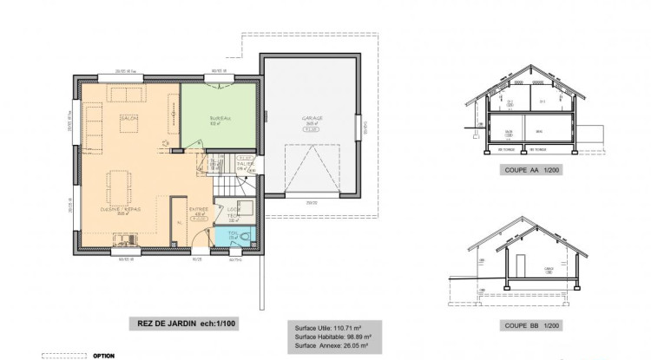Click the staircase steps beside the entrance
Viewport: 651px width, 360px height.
(x=227, y=185)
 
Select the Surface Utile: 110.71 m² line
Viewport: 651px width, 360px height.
(x=329, y=329)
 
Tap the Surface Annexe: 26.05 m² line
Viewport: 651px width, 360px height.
(x=332, y=344)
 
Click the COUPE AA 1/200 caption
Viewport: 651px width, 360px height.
(x=532, y=171)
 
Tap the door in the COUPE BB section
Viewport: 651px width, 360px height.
(x=519, y=265)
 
